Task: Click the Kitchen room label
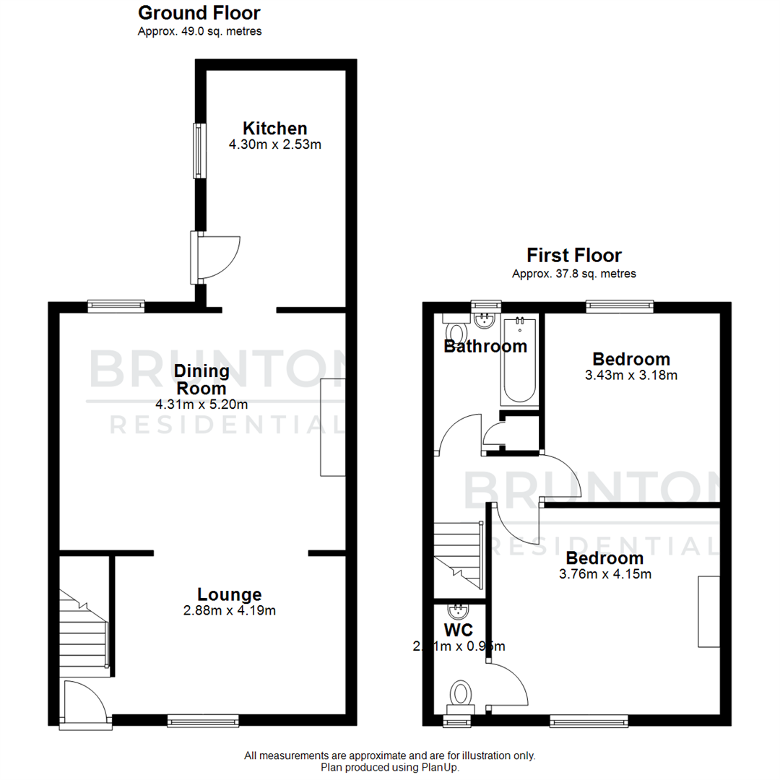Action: pos(274,129)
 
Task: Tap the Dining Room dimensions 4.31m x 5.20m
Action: pos(201,404)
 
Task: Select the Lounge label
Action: pos(229,594)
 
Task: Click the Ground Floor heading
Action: pos(199,12)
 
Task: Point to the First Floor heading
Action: pos(573,255)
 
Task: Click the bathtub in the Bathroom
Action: pos(519,360)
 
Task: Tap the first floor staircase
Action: pos(457,552)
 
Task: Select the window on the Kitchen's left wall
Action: pos(196,150)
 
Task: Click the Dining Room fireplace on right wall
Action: pos(333,427)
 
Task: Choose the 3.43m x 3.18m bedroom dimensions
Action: pos(630,375)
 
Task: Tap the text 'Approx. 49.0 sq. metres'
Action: pos(199,31)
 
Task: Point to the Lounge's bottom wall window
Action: pos(203,720)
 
